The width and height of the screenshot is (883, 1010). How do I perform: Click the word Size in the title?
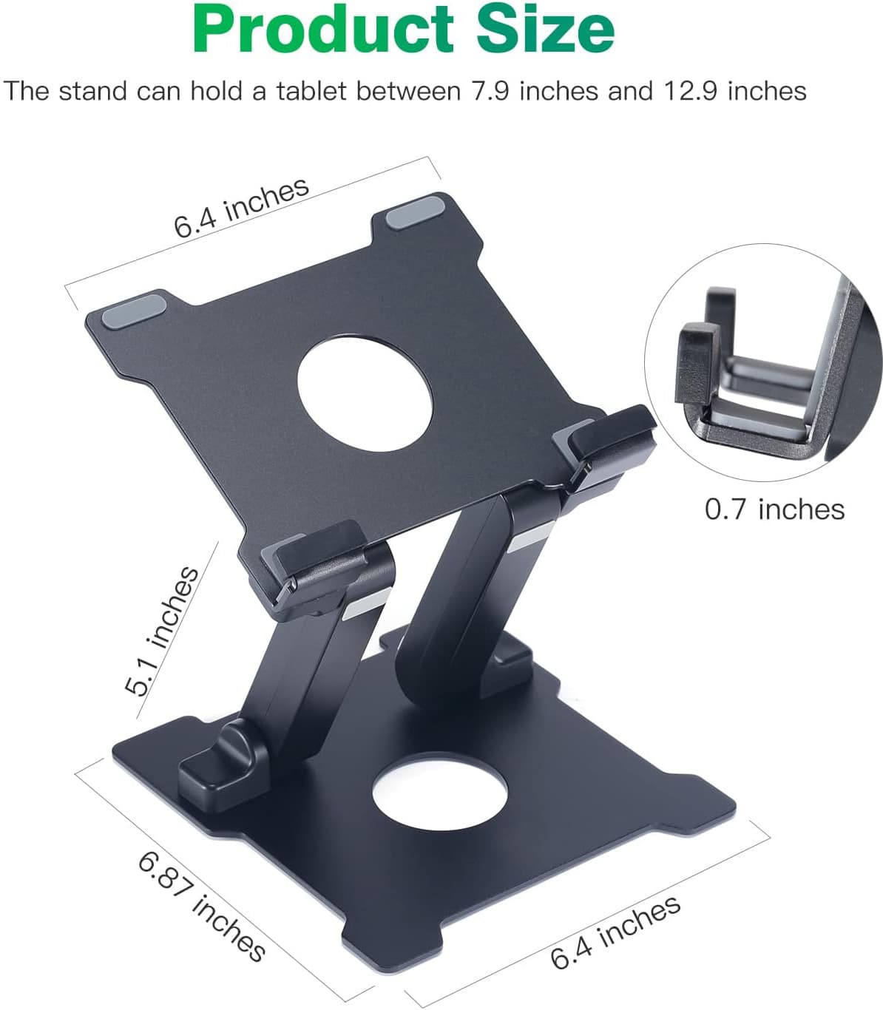[545, 30]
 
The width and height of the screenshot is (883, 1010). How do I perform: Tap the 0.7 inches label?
[774, 509]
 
